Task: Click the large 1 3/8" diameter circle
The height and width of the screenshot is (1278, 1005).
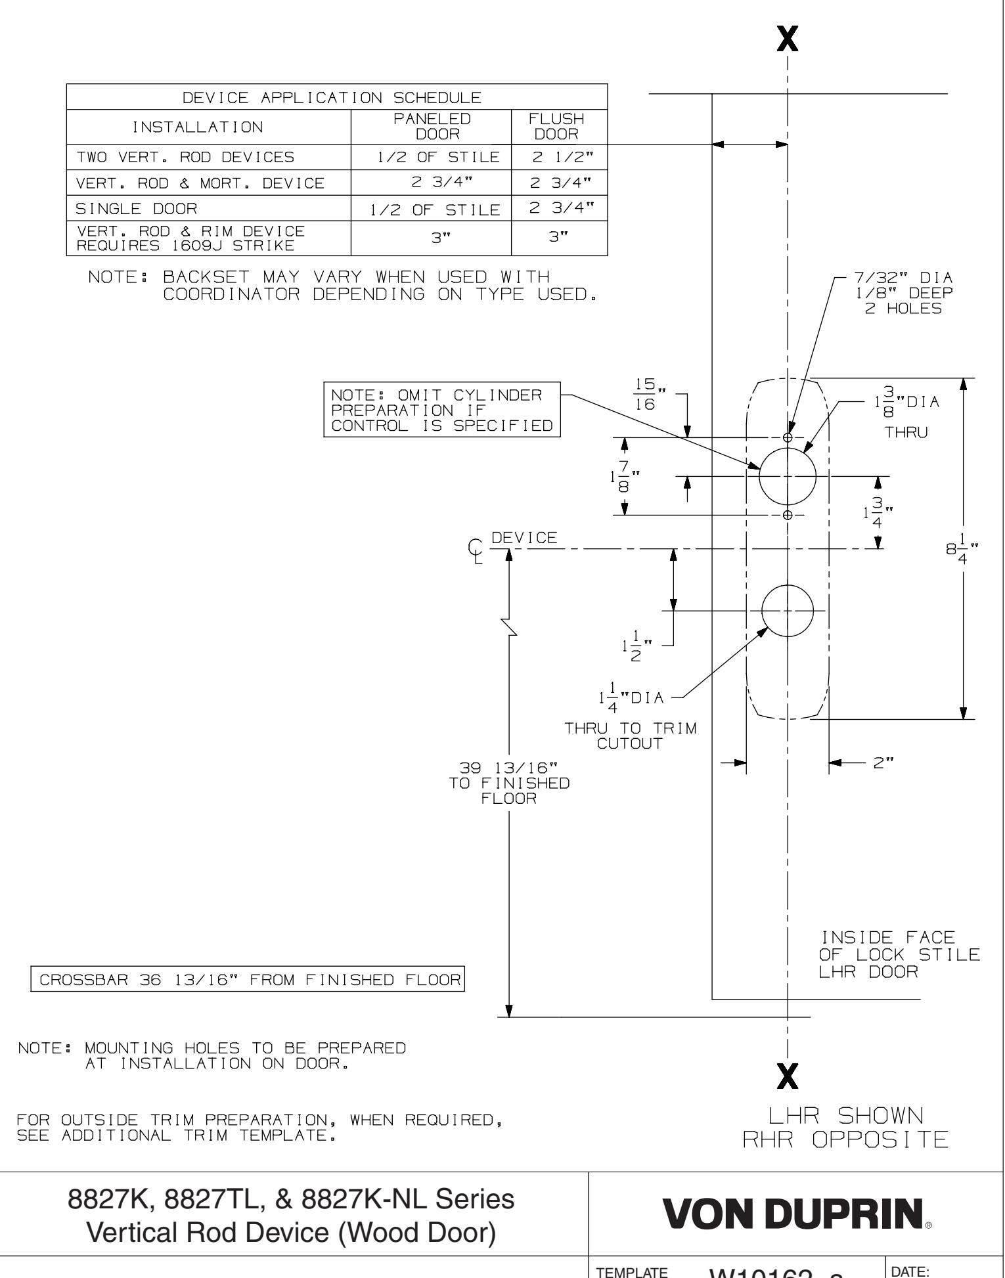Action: point(788,475)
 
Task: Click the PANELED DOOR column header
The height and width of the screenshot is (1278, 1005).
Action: point(431,127)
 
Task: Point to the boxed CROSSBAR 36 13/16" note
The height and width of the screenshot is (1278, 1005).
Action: point(248,981)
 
